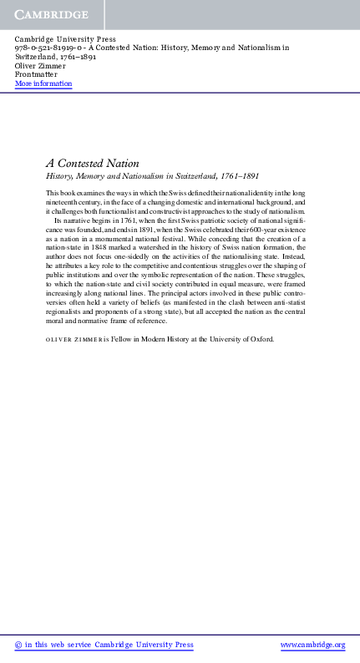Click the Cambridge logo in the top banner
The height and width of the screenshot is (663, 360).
pyautogui.click(x=51, y=15)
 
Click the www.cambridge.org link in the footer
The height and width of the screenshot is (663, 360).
pyautogui.click(x=313, y=645)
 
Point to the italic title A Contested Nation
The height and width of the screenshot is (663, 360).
pyautogui.click(x=92, y=164)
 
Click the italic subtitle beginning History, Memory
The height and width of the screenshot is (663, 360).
pyautogui.click(x=139, y=178)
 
